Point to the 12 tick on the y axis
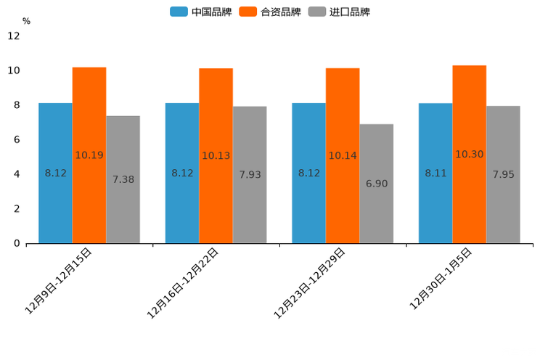coord(14,36)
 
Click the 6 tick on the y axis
coord(17,139)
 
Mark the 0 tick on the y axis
coord(17,243)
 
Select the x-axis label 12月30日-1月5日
coord(441,278)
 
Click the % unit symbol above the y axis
coord(26,21)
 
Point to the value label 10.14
coord(343,155)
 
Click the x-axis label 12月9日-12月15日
coord(59,280)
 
